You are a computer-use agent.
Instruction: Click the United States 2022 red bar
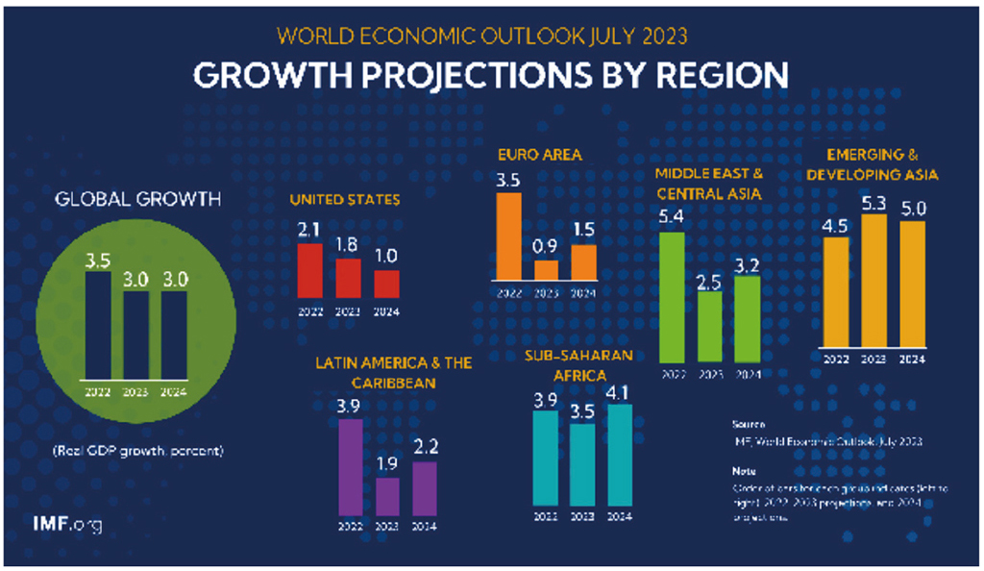click(x=310, y=272)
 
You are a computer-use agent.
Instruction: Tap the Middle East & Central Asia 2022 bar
click(x=674, y=298)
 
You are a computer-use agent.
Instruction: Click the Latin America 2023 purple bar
click(x=387, y=496)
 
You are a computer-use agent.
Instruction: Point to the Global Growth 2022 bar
click(x=99, y=326)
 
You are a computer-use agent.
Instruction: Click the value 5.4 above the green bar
click(x=673, y=216)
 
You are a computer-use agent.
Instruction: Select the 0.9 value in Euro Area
click(x=546, y=246)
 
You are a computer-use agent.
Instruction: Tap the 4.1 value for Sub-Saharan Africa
click(x=620, y=389)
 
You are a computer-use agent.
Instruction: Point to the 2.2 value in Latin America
click(x=425, y=447)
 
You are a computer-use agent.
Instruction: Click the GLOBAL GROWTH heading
click(x=137, y=200)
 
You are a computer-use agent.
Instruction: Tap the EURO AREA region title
click(x=539, y=154)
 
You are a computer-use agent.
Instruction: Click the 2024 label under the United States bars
click(x=386, y=311)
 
